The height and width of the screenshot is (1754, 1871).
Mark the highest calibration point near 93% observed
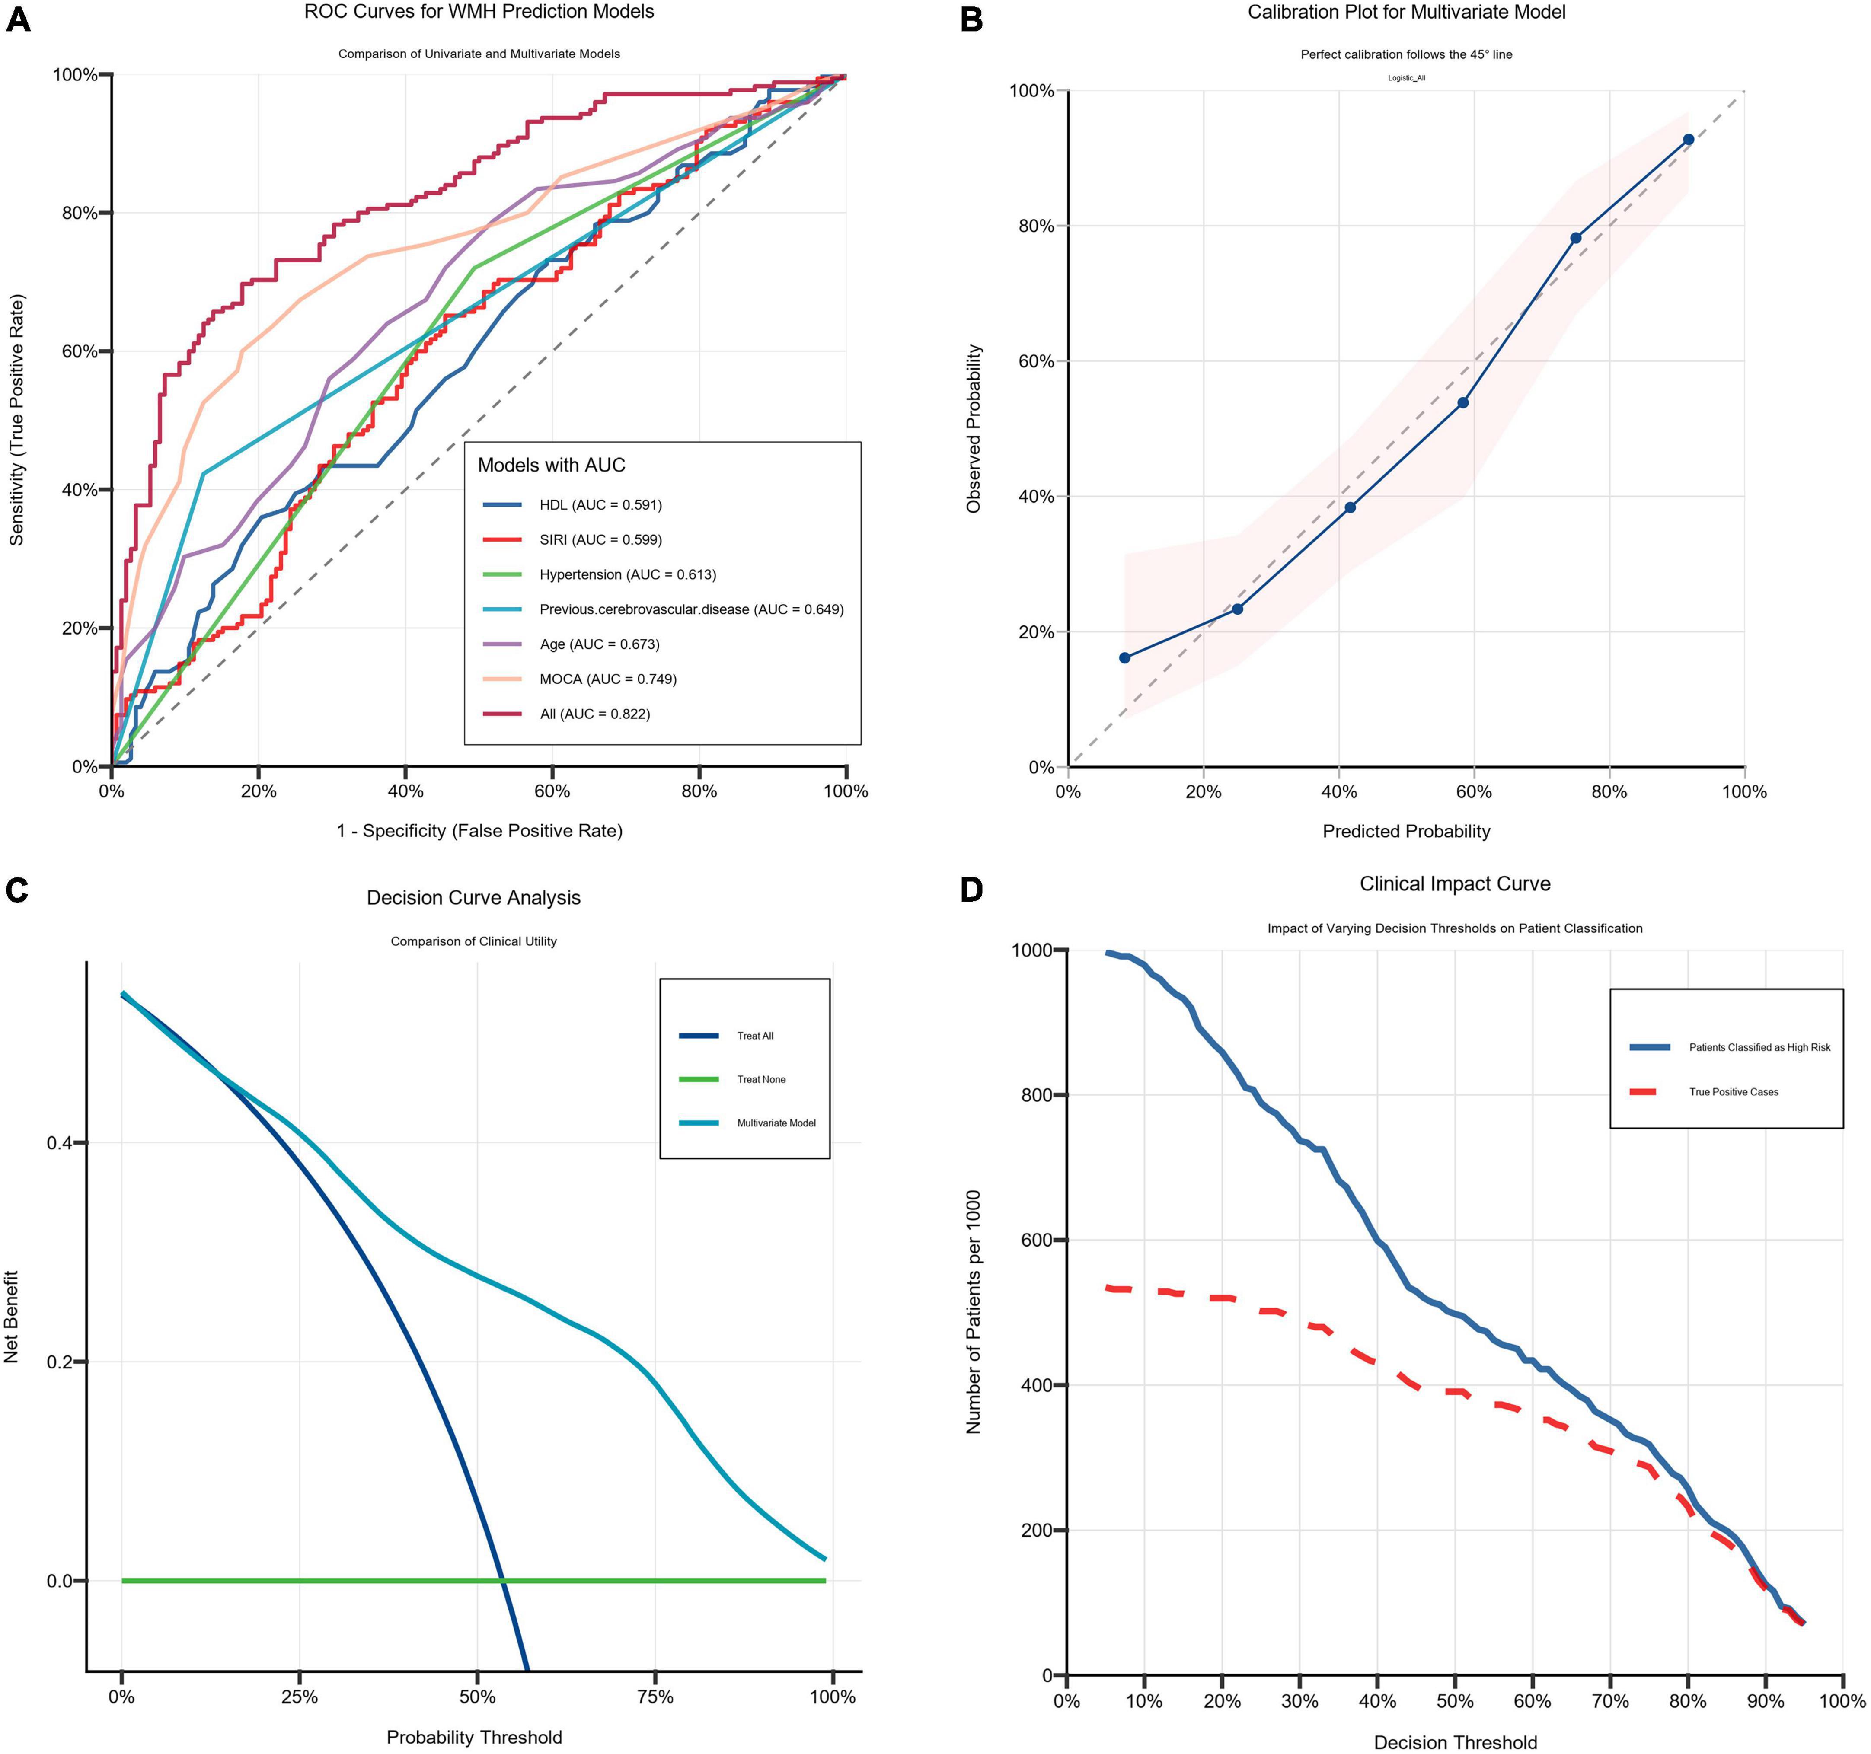click(x=1689, y=139)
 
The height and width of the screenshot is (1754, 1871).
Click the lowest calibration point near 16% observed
click(x=1125, y=658)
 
